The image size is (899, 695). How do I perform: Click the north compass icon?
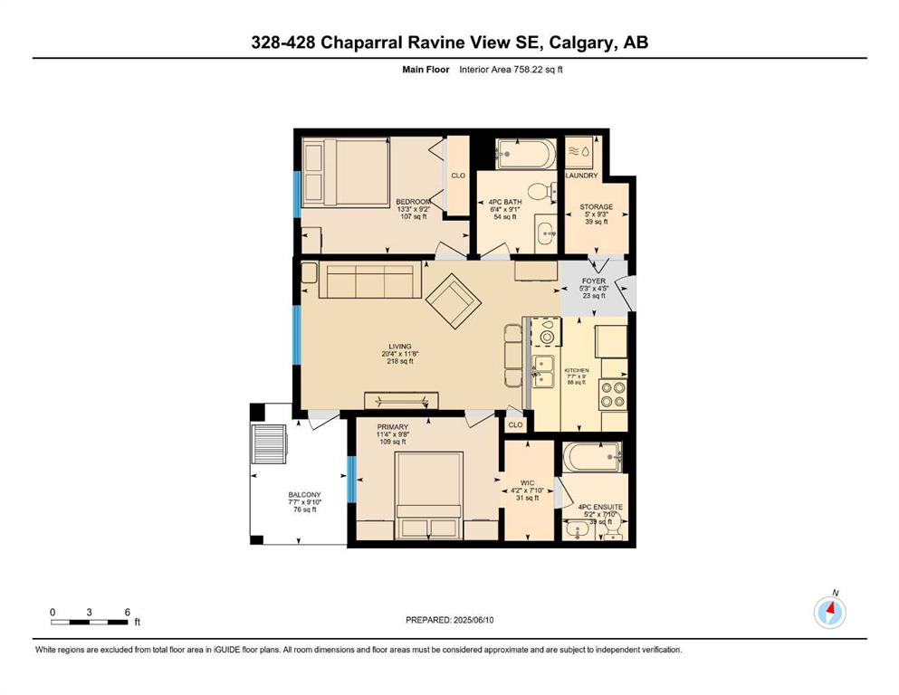point(829,613)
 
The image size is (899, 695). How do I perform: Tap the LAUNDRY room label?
point(581,176)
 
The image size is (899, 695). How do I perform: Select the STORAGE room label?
point(597,207)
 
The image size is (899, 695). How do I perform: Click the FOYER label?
point(593,281)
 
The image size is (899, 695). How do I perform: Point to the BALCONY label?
point(304,494)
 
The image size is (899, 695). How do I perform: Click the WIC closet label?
point(527,483)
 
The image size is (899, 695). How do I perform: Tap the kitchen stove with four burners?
point(613,395)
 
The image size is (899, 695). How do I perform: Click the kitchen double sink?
point(542,371)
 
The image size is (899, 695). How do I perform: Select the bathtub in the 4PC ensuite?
point(592,457)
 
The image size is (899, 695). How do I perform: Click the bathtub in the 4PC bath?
point(526,154)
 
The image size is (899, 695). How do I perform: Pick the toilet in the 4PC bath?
point(541,191)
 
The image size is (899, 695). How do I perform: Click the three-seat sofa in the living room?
point(369,281)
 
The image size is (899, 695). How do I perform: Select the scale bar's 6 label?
point(128,612)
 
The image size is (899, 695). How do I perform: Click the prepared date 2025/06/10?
point(473,620)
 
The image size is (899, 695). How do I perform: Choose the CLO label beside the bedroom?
point(458,176)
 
